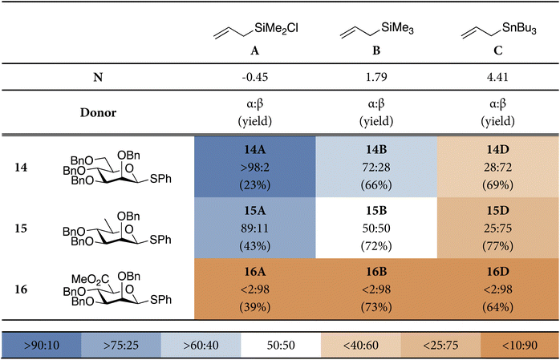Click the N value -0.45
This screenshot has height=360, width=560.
(x=251, y=81)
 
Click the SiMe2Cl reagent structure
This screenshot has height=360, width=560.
(x=251, y=31)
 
